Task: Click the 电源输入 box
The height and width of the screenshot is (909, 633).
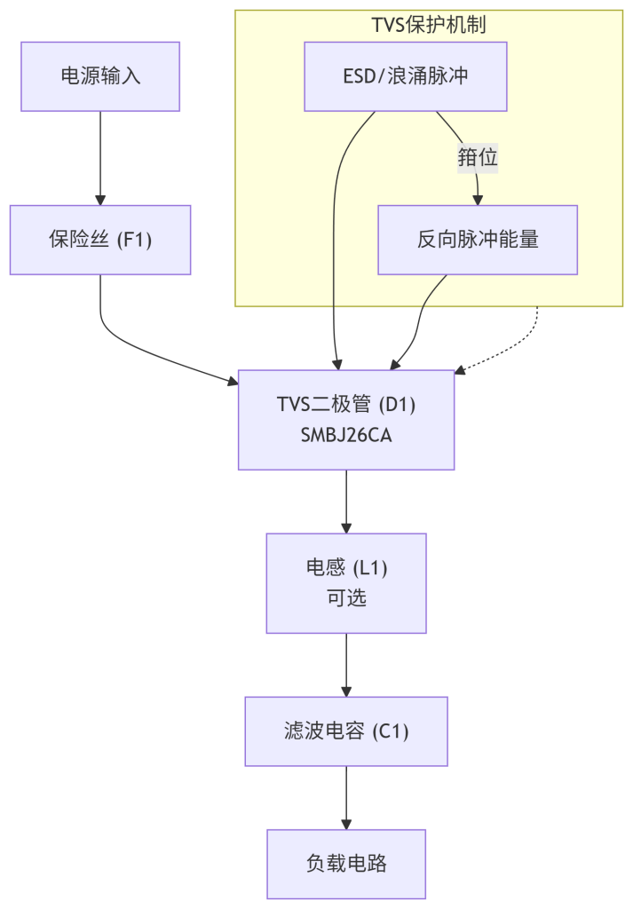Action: click(100, 76)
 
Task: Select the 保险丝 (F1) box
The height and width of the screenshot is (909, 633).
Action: click(100, 240)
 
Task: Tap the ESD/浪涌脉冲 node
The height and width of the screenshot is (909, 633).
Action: click(406, 76)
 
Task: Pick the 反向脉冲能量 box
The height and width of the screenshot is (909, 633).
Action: click(478, 240)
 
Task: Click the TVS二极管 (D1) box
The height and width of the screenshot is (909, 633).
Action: click(346, 419)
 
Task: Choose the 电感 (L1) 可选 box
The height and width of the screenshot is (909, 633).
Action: click(346, 583)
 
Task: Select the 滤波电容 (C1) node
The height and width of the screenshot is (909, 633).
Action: click(346, 731)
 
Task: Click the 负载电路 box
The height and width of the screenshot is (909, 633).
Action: click(346, 864)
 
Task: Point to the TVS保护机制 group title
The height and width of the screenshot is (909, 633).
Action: click(429, 24)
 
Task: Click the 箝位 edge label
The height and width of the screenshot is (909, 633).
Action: click(478, 158)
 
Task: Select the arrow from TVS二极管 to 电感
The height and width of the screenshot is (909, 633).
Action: click(346, 502)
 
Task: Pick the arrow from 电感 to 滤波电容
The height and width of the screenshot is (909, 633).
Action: click(346, 665)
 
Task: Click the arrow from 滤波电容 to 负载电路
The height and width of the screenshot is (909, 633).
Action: click(346, 797)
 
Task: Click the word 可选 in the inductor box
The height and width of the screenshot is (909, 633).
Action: click(346, 597)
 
